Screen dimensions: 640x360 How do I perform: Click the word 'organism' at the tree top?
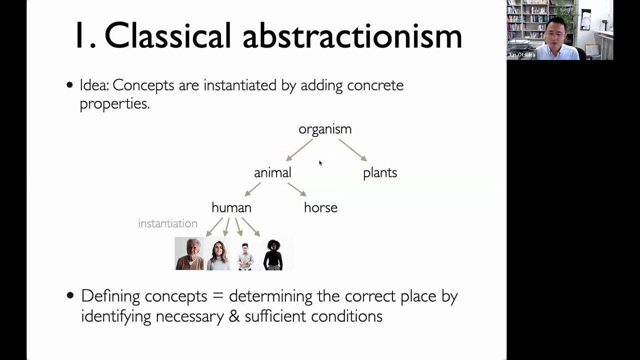(325, 129)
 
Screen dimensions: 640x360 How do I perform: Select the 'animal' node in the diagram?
(272, 172)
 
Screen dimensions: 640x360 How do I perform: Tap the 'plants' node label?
(380, 173)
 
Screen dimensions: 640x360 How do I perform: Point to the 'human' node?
(231, 207)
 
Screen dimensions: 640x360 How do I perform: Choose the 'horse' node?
(320, 207)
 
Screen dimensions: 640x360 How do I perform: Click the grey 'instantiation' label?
(167, 223)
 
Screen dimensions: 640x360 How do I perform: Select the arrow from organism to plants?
(353, 150)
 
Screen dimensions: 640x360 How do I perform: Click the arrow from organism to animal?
(299, 150)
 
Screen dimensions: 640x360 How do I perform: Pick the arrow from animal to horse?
(297, 189)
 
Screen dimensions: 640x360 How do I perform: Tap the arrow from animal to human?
(252, 189)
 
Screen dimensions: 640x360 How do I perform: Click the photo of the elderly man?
(189, 253)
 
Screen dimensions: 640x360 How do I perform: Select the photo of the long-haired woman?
(218, 253)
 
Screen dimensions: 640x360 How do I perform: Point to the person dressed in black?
(273, 254)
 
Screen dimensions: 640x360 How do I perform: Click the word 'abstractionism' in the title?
(352, 35)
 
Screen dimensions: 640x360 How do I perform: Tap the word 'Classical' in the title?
(167, 35)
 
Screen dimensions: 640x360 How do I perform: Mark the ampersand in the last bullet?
(234, 316)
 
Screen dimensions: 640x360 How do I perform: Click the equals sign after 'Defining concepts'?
(217, 296)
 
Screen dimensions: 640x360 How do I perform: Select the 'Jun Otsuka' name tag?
(521, 55)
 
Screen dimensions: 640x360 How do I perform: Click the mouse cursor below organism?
(320, 163)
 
